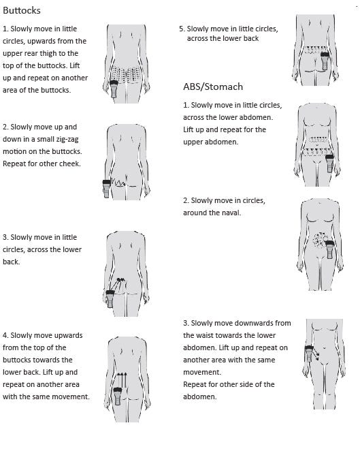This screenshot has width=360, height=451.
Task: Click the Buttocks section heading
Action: click(x=22, y=10)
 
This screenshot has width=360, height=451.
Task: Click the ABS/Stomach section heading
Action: click(x=213, y=87)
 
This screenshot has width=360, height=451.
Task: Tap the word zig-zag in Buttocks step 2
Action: click(x=67, y=140)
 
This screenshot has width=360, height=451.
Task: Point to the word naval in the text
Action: click(x=231, y=213)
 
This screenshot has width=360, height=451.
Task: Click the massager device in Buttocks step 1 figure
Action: click(x=114, y=89)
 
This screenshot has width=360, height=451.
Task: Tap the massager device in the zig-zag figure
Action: click(x=107, y=189)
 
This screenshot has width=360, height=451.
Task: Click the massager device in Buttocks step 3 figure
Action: click(x=110, y=299)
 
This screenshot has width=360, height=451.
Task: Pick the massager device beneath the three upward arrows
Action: click(x=118, y=396)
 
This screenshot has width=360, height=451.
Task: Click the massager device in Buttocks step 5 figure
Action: click(x=325, y=61)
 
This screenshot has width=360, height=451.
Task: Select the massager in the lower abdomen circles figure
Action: click(x=329, y=164)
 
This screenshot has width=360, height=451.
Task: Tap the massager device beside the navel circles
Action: click(x=330, y=249)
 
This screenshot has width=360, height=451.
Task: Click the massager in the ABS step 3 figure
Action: click(x=309, y=354)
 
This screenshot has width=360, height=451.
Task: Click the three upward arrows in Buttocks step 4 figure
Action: click(x=122, y=379)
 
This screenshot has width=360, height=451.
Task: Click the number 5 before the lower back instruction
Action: click(x=181, y=29)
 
